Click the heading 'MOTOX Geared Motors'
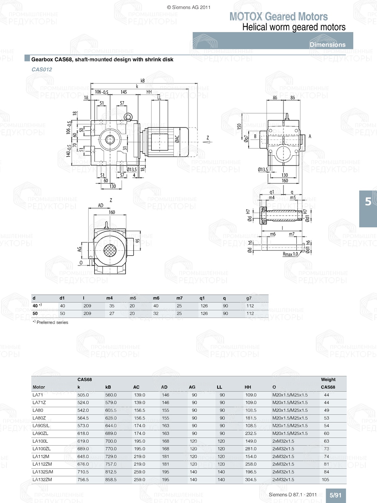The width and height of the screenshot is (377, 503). [279, 17]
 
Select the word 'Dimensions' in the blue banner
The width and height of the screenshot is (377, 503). [327, 44]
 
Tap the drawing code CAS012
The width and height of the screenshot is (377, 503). [42, 69]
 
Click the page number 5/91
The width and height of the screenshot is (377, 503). [335, 495]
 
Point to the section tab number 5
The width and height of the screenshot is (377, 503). [368, 202]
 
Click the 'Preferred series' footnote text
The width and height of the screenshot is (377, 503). [52, 322]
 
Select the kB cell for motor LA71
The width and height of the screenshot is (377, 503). [111, 395]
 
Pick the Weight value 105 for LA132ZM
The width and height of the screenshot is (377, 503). [325, 480]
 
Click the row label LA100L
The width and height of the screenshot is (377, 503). [40, 441]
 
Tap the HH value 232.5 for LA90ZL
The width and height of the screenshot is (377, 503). [251, 434]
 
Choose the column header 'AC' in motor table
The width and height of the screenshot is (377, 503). [136, 387]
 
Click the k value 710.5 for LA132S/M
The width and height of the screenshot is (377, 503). [83, 472]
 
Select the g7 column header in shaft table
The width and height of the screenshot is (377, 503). [249, 298]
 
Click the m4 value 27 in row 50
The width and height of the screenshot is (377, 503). [112, 313]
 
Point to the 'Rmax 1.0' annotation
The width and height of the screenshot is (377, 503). [290, 254]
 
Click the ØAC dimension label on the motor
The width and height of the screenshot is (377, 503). [177, 139]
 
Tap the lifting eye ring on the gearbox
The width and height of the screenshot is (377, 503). [129, 117]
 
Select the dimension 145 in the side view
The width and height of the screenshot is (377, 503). [124, 92]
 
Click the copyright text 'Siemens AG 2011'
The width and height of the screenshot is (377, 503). [188, 7]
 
